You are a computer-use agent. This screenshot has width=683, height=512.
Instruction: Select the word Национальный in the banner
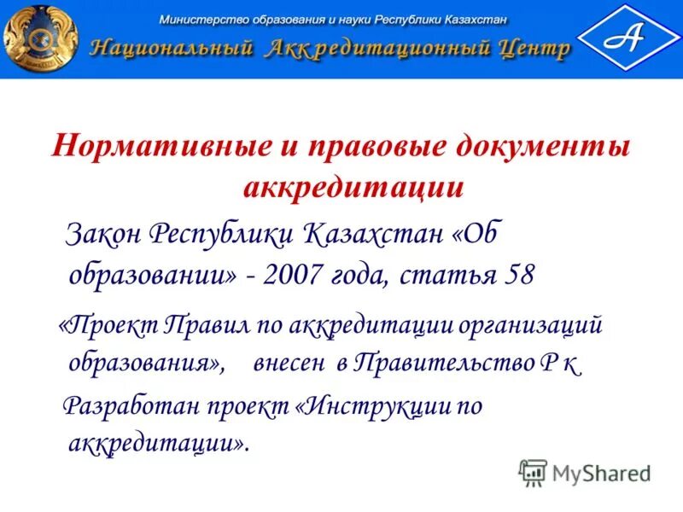(x=171, y=49)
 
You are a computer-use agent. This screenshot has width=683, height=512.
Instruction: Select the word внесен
(x=289, y=364)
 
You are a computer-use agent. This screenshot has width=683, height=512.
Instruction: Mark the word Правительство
(x=435, y=364)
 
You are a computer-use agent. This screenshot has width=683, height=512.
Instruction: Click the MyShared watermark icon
(x=533, y=471)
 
